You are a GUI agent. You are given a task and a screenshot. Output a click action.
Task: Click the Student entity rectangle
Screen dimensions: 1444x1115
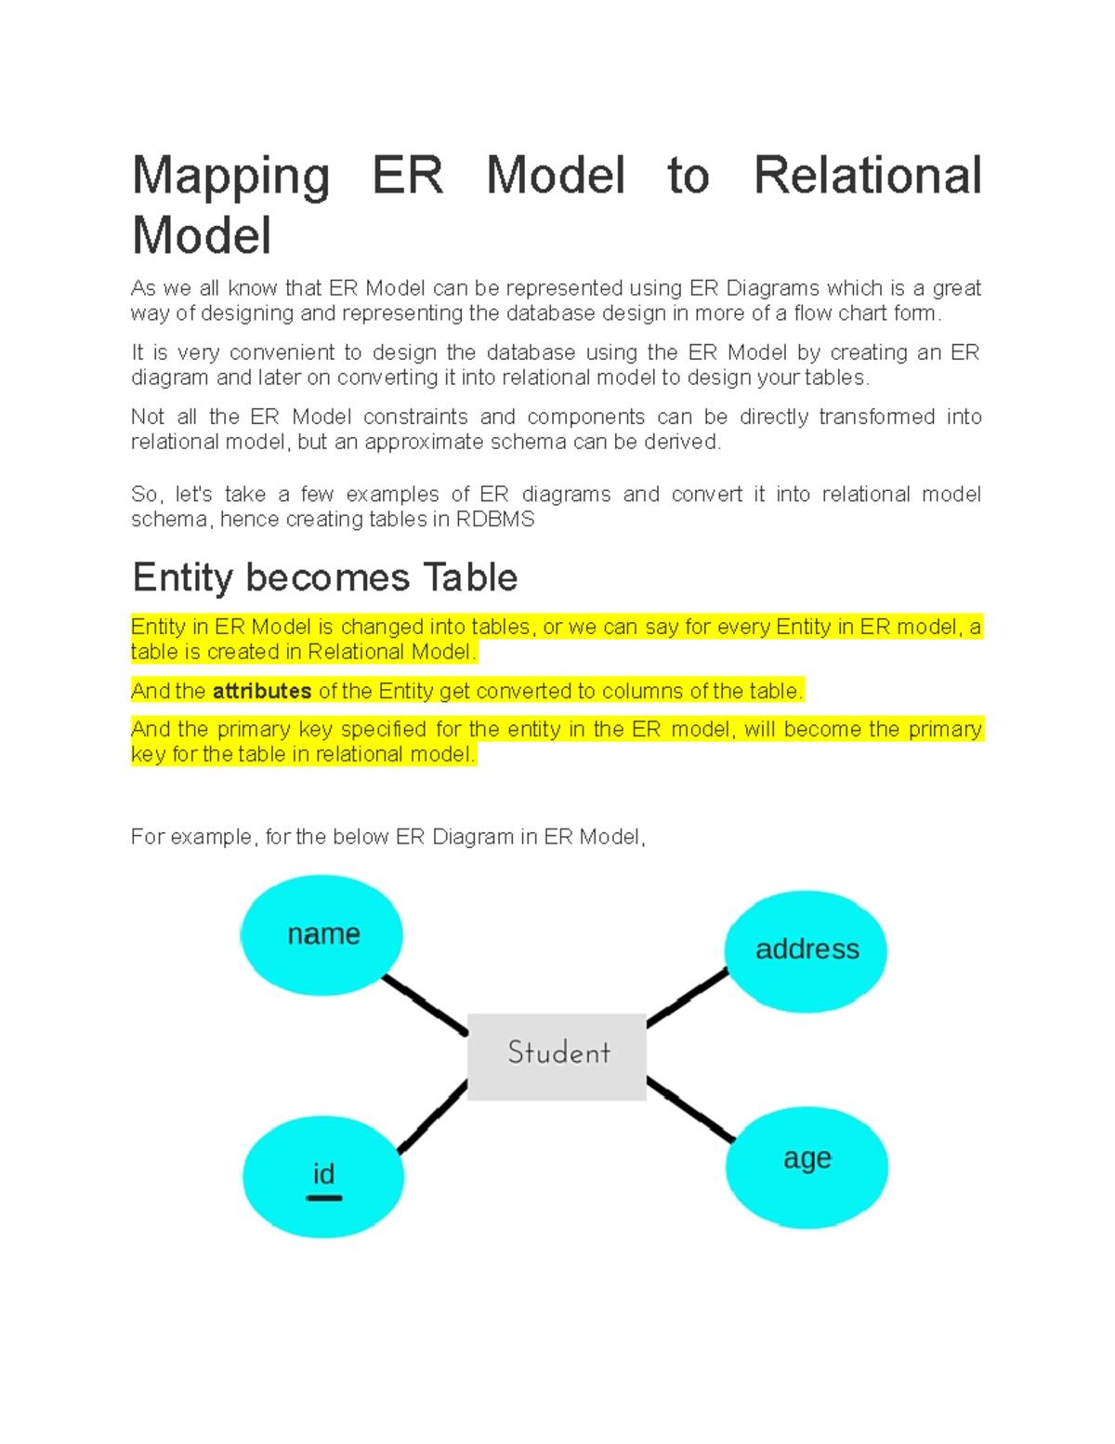tap(557, 1056)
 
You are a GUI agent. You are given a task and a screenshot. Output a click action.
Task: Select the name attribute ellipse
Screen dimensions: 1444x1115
tap(321, 934)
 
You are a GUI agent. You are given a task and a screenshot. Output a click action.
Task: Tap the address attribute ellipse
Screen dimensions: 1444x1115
tap(806, 949)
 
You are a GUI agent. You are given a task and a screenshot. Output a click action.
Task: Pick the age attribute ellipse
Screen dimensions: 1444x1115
tap(807, 1166)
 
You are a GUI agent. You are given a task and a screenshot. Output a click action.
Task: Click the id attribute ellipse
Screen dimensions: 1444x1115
tap(323, 1176)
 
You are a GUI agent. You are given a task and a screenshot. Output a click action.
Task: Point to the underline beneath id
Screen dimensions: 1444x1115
tap(323, 1198)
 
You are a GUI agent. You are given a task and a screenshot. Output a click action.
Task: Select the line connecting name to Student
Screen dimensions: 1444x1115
tap(425, 1003)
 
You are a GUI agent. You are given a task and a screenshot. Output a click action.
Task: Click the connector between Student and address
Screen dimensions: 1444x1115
tap(687, 998)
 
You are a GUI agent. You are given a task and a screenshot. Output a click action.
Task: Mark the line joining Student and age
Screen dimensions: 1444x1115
tap(690, 1109)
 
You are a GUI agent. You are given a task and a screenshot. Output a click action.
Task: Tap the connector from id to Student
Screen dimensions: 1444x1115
tap(432, 1117)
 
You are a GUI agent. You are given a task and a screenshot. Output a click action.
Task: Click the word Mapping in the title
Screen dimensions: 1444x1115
tap(230, 176)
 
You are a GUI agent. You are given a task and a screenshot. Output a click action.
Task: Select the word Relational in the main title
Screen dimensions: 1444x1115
tap(867, 176)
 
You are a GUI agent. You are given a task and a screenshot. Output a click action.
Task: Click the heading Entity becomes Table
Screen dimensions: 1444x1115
tap(324, 577)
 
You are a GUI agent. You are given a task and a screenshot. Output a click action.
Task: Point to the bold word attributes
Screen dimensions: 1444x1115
tap(262, 691)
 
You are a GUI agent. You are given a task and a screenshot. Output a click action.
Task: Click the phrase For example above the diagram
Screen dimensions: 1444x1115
tap(191, 837)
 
